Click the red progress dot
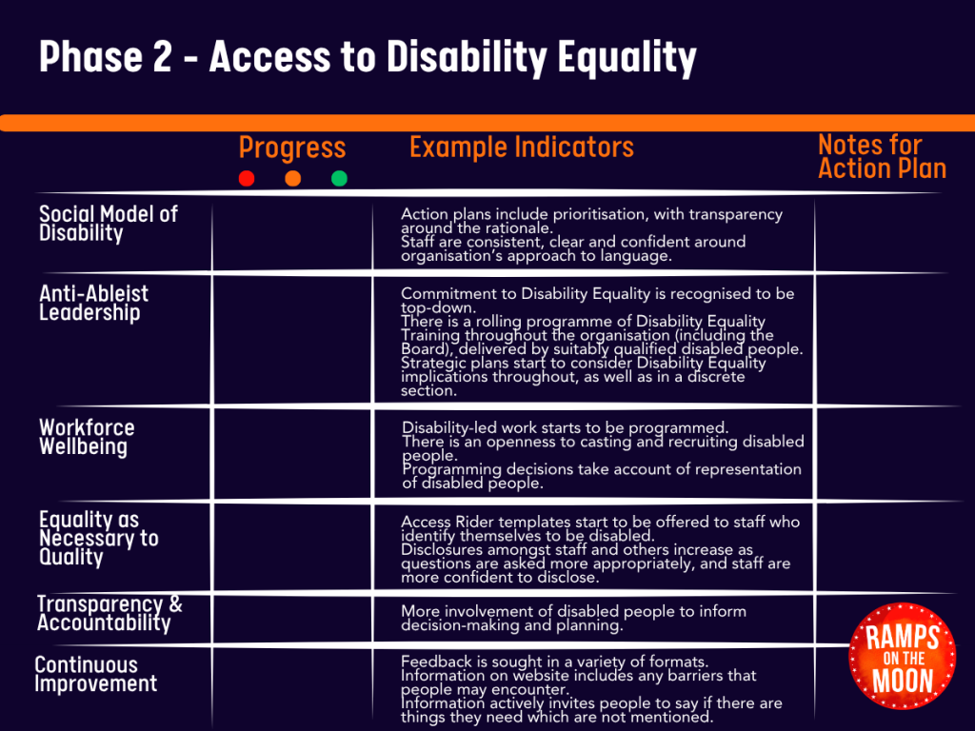[x=247, y=179]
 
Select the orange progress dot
[x=293, y=179]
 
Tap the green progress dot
[x=339, y=179]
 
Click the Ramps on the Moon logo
[x=903, y=657]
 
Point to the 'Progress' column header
[x=292, y=148]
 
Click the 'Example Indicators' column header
[x=522, y=148]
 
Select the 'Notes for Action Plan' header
[x=882, y=156]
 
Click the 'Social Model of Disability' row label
[x=109, y=223]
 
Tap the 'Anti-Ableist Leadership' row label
[x=94, y=303]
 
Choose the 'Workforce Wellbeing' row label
[x=87, y=437]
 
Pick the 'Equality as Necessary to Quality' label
[x=98, y=539]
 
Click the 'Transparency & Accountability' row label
[x=109, y=613]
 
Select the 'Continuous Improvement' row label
[x=96, y=674]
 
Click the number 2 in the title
[x=162, y=56]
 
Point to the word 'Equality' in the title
[x=627, y=58]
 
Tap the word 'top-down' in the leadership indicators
[x=438, y=307]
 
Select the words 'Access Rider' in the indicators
[x=446, y=523]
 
